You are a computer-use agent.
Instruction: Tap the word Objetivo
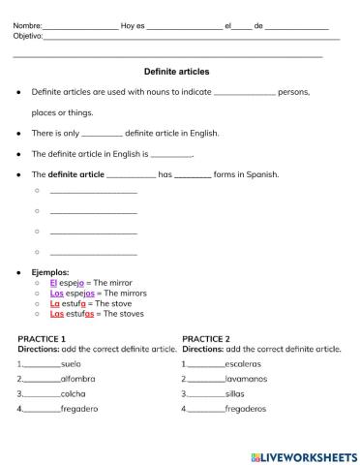tap(28, 36)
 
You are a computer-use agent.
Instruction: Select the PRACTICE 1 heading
tap(43, 338)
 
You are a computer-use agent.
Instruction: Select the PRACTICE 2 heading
tap(206, 338)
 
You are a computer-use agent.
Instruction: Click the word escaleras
tap(242, 363)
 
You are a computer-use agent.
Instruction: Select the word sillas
tap(236, 394)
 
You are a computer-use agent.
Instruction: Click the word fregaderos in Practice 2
tap(246, 410)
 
